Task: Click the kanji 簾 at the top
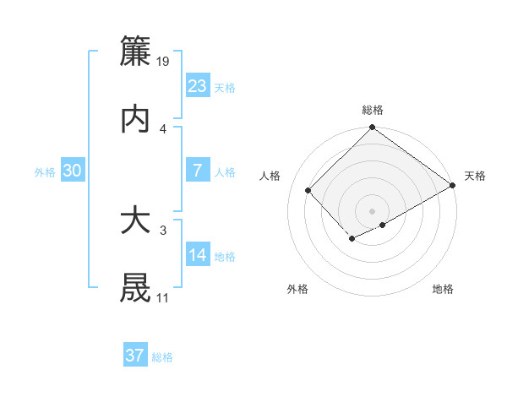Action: [136, 52]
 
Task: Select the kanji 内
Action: [136, 120]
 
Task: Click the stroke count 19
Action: [164, 62]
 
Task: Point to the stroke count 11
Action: [162, 298]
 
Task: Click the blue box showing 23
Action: [198, 86]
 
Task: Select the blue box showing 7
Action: [198, 171]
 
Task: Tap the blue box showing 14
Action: [198, 255]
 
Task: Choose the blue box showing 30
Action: [73, 171]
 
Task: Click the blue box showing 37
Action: [135, 356]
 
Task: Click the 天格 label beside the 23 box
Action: [225, 88]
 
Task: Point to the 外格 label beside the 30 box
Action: [45, 172]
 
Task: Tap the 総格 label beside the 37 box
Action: [162, 357]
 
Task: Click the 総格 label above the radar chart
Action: [373, 110]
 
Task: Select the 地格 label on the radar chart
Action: [443, 290]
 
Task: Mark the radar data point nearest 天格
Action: [453, 186]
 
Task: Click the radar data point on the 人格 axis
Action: [308, 190]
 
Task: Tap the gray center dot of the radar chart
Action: [372, 210]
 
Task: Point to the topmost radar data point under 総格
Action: [372, 128]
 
